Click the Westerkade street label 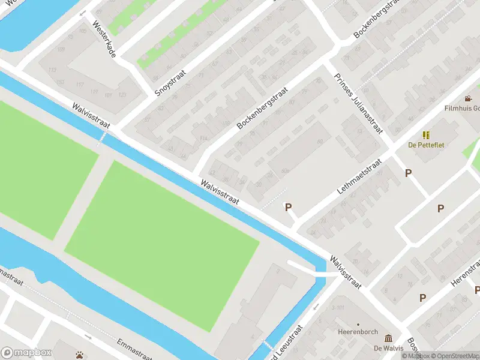coord(104,40)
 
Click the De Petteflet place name coord(426,145)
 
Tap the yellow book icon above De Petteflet coord(426,136)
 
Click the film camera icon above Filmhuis coord(468,99)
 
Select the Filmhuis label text coord(462,109)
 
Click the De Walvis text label coord(388,349)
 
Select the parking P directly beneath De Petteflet coord(409,173)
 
